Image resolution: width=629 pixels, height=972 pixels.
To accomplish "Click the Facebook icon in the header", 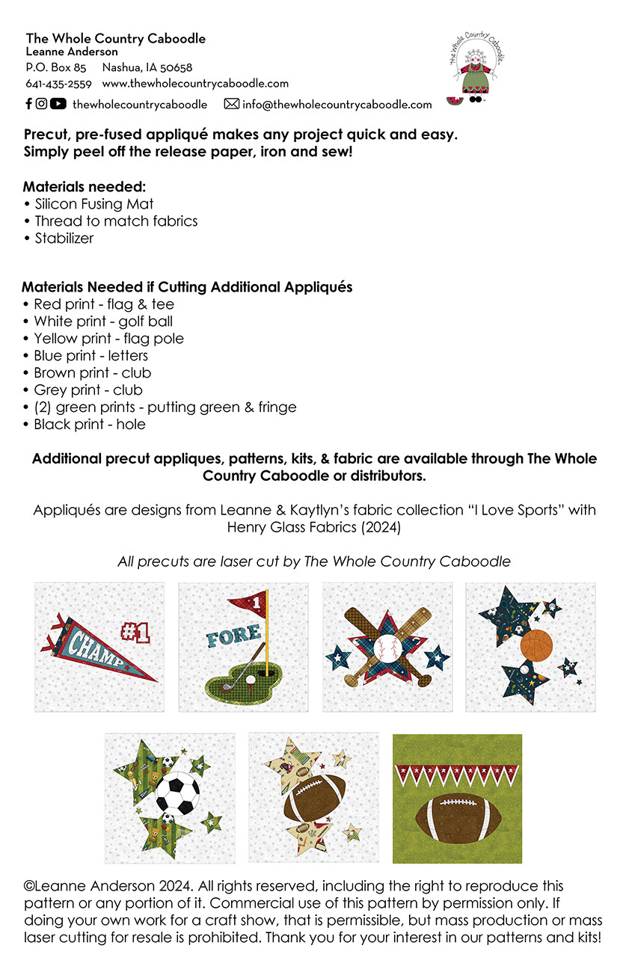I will pos(28,104).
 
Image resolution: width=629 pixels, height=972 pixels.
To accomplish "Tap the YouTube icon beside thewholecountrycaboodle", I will pos(58,104).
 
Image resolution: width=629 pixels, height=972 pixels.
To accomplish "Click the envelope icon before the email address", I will pos(232,104).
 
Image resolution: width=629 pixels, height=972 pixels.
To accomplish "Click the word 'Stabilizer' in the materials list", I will pos(64,238).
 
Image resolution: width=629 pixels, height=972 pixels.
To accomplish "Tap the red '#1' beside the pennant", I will pos(135,633).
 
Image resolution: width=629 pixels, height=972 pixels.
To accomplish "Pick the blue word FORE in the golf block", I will pos(233,637).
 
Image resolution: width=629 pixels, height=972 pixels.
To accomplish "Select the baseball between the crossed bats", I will pos(388,645).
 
